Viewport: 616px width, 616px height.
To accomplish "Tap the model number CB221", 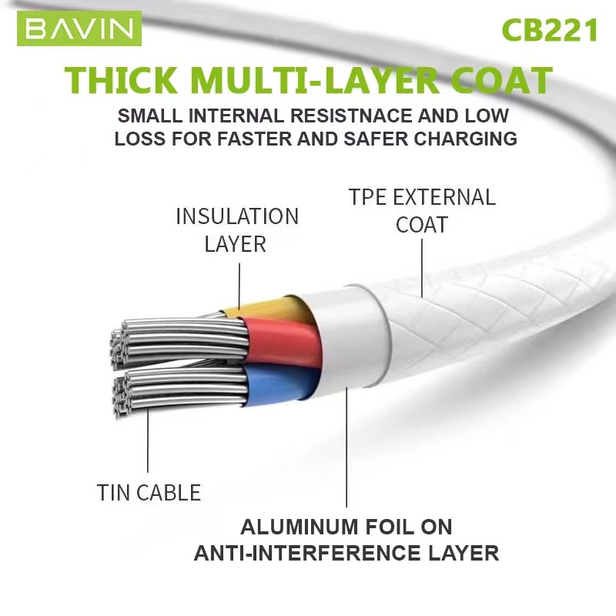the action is pos(549,30).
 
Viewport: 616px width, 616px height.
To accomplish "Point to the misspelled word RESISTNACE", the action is pos(365,117).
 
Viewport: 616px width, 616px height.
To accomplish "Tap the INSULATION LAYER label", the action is pos(236,229).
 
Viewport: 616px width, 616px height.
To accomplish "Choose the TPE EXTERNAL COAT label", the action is pos(422,210).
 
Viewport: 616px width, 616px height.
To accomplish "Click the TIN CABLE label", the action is pos(149,492).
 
